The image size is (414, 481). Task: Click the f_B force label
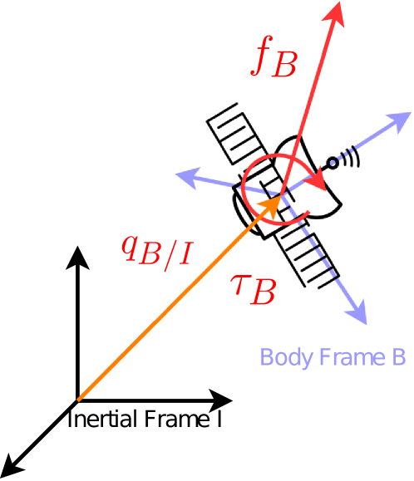272,60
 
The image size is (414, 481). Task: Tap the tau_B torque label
251,287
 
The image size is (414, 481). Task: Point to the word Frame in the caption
340,357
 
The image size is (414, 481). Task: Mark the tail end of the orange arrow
79,400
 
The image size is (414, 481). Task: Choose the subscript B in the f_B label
283,66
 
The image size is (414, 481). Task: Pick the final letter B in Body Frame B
397,357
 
